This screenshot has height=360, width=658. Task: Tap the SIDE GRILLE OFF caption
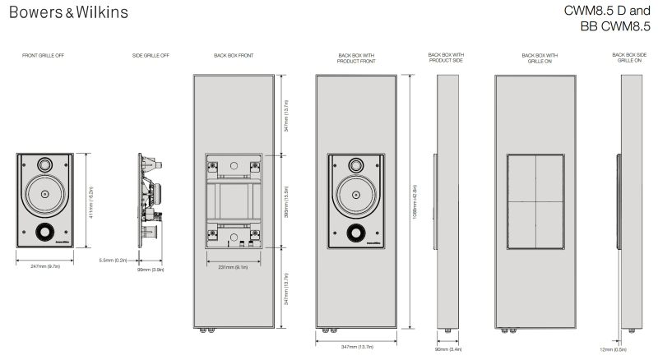coord(150,58)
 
